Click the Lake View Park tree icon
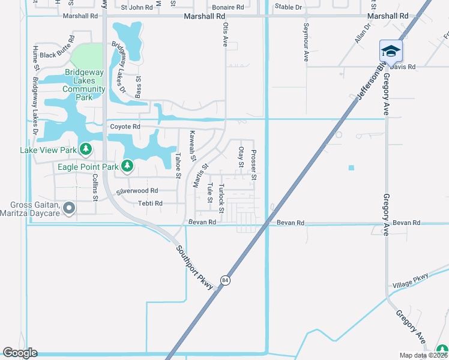point(86,148)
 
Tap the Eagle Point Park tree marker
point(127,165)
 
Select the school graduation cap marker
point(390,51)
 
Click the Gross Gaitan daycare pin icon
point(69,209)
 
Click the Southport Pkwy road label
point(195,269)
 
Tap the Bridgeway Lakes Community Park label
point(85,85)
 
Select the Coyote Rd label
point(125,127)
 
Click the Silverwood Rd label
point(137,190)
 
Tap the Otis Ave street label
point(226,35)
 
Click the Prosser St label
point(254,165)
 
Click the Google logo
point(20,353)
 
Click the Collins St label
point(95,187)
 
